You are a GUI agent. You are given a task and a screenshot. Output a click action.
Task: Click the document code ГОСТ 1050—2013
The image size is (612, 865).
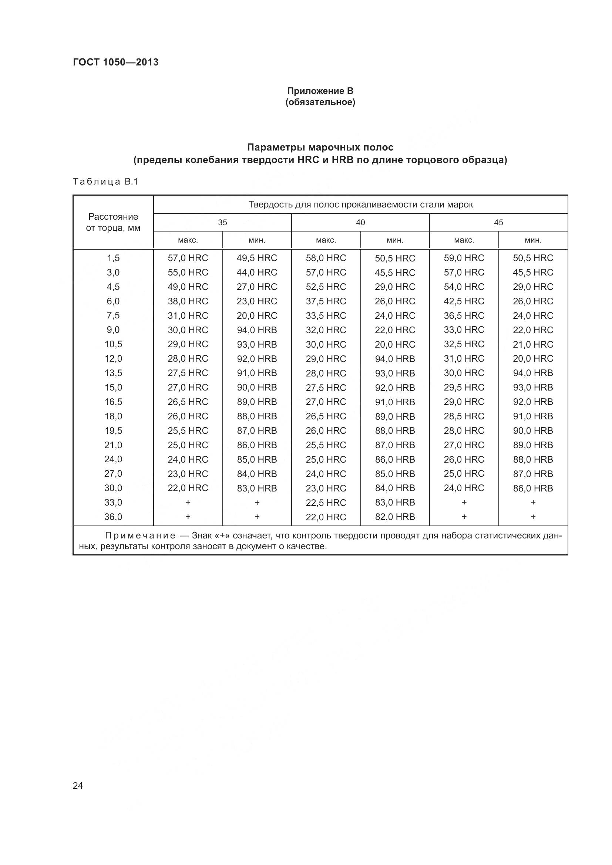115,62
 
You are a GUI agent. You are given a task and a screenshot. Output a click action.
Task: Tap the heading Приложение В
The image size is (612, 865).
320,91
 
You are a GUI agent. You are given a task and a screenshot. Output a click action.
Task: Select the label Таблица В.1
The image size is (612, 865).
105,182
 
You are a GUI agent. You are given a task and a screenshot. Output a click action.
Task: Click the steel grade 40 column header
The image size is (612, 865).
360,222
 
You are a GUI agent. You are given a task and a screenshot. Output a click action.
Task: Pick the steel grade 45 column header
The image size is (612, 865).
498,222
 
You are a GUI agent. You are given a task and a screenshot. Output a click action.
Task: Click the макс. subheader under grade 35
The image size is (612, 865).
188,240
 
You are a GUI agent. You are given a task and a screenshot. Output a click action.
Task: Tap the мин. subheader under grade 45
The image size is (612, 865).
533,240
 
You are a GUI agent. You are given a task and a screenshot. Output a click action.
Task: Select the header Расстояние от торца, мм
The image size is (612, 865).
113,222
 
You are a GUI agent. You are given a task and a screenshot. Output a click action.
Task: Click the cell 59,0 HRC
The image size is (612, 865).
464,258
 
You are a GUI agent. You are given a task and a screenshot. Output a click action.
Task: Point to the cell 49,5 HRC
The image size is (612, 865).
257,258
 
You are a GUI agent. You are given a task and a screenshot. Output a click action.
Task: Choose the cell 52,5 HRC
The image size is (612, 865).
326,287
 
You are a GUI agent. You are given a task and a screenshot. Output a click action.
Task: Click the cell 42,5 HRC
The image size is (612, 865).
464,301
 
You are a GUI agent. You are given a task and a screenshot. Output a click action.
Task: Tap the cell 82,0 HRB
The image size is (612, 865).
394,517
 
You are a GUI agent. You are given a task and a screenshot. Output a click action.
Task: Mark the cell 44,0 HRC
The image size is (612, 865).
257,273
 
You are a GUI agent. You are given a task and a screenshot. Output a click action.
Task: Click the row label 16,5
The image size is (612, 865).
113,402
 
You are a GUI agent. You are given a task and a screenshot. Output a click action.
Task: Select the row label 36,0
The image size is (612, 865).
113,517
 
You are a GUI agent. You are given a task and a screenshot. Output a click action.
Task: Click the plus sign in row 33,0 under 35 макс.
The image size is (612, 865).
188,502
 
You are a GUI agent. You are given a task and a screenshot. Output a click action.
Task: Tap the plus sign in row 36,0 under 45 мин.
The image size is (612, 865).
533,517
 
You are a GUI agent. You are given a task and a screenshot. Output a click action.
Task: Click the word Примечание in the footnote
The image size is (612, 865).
140,535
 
